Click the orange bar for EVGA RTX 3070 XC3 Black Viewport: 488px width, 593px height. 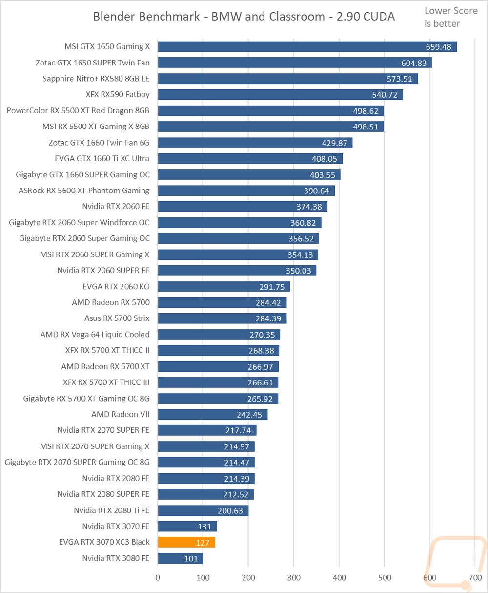186,542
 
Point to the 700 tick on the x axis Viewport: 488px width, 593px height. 475,577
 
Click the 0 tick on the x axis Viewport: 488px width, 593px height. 158,577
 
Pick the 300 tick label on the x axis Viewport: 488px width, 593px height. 294,577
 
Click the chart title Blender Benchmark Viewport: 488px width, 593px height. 244,17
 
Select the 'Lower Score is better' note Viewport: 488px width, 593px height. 442,17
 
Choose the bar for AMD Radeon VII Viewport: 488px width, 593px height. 212,414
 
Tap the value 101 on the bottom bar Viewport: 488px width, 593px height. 191,558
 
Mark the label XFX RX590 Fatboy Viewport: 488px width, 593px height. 117,94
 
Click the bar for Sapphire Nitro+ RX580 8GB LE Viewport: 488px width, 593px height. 288,79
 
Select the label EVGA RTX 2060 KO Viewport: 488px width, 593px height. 116,286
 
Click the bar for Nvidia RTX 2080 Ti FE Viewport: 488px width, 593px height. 203,510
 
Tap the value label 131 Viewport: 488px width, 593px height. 204,527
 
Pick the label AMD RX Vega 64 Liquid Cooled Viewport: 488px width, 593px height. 95,334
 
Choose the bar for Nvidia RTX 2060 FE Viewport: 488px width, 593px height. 243,207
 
